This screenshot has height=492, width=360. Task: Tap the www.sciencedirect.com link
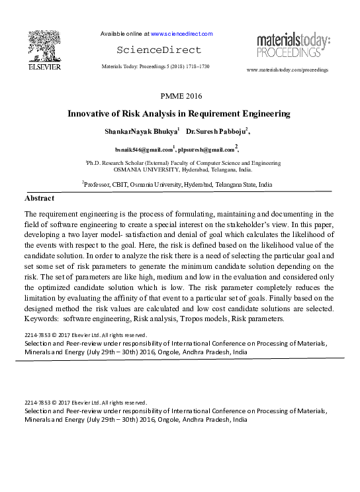point(181,34)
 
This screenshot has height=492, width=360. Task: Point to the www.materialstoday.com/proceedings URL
point(287,70)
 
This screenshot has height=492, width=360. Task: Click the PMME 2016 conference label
point(179,97)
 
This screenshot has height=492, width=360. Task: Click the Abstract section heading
point(39,199)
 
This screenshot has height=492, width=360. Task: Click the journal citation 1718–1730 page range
point(195,68)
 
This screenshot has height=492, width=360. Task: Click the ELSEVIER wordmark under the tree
point(44,67)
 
